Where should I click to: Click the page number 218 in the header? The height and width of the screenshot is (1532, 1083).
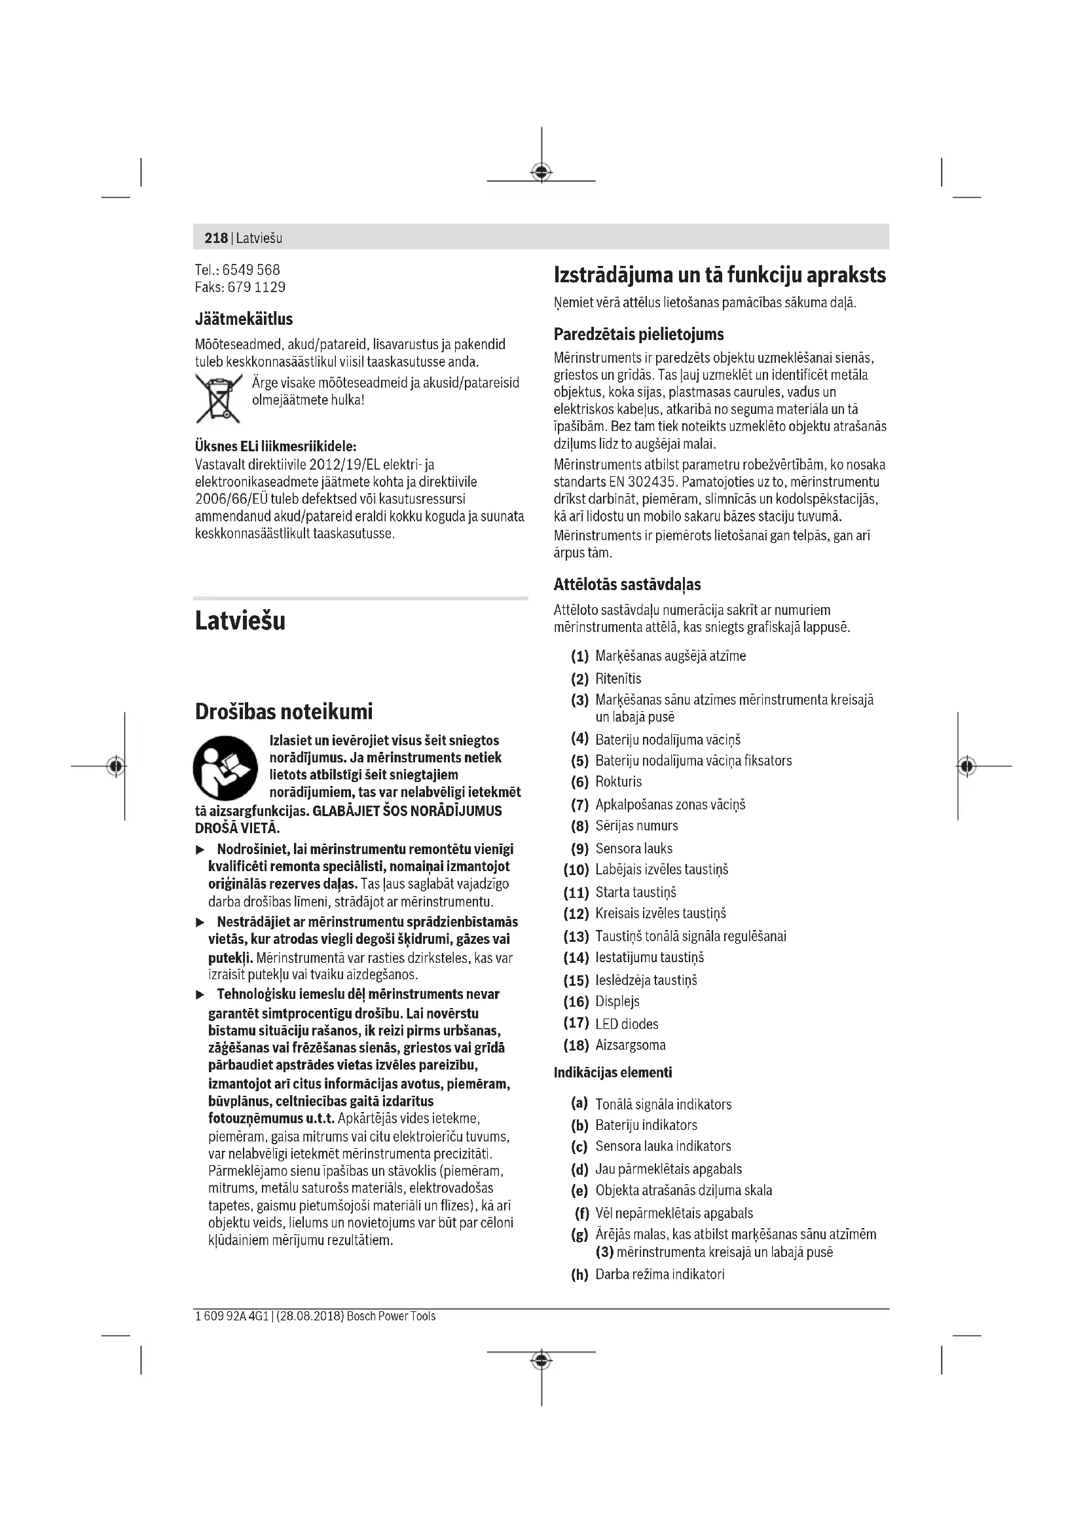(x=216, y=238)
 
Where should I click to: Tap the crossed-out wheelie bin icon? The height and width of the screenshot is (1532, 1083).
(x=217, y=398)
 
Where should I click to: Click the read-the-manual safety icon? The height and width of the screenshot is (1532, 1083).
(x=225, y=768)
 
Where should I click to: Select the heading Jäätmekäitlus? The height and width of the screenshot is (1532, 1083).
(x=244, y=319)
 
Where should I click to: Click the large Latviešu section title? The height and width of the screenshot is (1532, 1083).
(x=240, y=620)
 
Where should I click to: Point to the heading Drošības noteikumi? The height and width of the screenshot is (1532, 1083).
(x=284, y=711)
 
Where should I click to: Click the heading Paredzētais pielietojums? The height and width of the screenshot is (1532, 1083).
(x=638, y=334)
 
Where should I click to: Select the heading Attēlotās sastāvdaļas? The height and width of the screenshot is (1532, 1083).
(x=627, y=584)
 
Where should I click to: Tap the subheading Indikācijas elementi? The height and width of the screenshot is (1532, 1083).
(x=612, y=1072)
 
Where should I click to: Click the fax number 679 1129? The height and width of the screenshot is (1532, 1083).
(x=257, y=288)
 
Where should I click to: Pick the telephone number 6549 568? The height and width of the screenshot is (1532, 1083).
(x=251, y=271)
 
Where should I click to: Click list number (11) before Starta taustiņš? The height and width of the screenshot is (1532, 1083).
(x=576, y=892)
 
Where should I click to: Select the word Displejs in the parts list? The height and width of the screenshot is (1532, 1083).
(x=617, y=1001)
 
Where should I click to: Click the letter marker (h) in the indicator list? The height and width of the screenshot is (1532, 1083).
(x=579, y=1275)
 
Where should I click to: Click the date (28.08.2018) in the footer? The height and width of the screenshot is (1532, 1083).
(x=310, y=1317)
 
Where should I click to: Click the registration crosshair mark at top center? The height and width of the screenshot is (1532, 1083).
(x=541, y=172)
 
